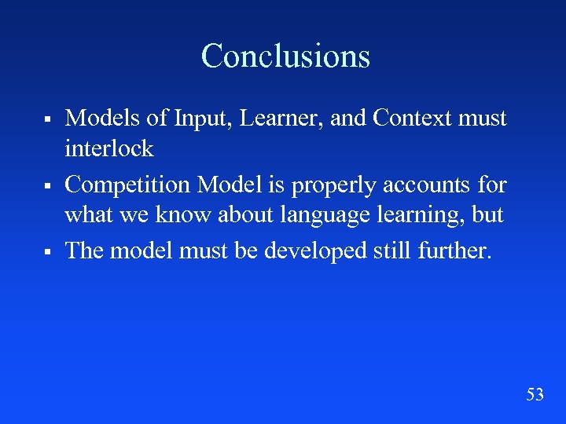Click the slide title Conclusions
coord(285,56)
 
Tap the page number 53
coord(535,394)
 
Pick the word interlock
coord(108,148)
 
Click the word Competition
coord(127,185)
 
